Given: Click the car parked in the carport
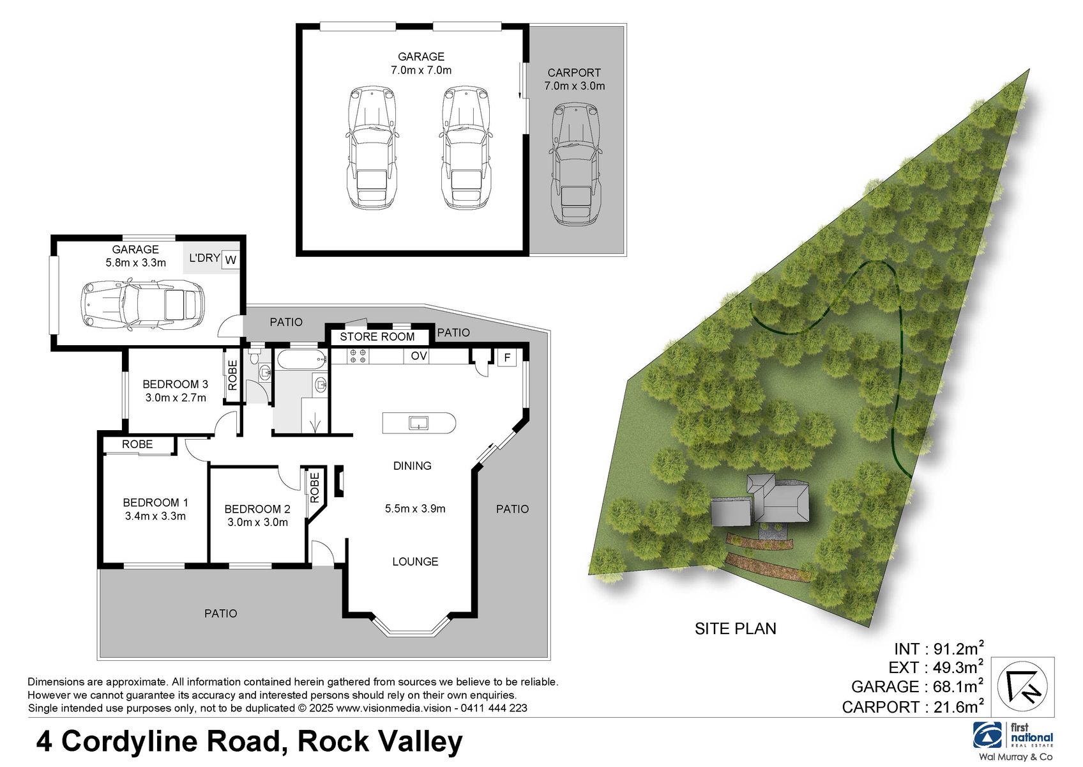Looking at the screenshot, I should tap(575, 165).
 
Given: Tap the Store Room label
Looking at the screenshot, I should tap(377, 337).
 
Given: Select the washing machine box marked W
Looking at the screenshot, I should tap(231, 260).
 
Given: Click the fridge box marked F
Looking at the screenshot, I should tap(507, 357).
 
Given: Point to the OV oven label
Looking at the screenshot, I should tap(419, 356).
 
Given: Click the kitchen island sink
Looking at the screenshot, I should tap(418, 422).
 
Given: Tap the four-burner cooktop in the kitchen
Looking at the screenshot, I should tap(358, 356).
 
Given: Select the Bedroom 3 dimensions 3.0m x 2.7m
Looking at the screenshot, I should tap(176, 398).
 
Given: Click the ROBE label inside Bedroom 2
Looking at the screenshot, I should tap(314, 487).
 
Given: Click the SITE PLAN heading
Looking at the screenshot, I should tap(735, 628).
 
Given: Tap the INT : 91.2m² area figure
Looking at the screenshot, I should tap(938, 648).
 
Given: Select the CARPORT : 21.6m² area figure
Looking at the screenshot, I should tap(912, 707).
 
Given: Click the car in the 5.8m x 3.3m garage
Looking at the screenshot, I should tap(142, 304).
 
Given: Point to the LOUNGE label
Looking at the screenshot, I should tap(415, 562).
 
